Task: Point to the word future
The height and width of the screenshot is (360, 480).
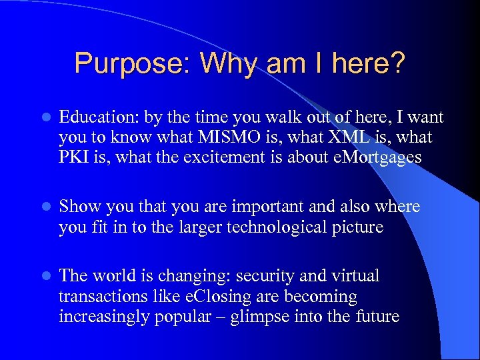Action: tap(378, 316)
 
